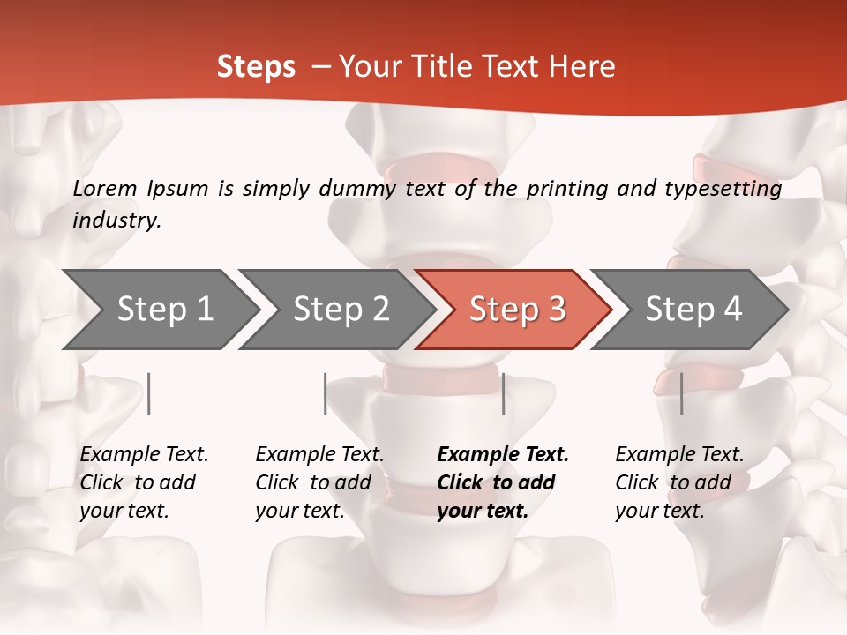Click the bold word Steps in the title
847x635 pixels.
pos(256,67)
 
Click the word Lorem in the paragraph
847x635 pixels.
pos(105,188)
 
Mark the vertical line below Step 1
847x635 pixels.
pos(149,393)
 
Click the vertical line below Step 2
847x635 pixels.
pos(326,393)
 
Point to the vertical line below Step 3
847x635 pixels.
pos(503,393)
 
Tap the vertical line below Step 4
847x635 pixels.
pos(682,393)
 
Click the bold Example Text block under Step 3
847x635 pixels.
pos(503,482)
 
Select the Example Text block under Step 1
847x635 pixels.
pos(144,482)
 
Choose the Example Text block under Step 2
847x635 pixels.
pos(319,482)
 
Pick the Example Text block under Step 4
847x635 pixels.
pos(679,482)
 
